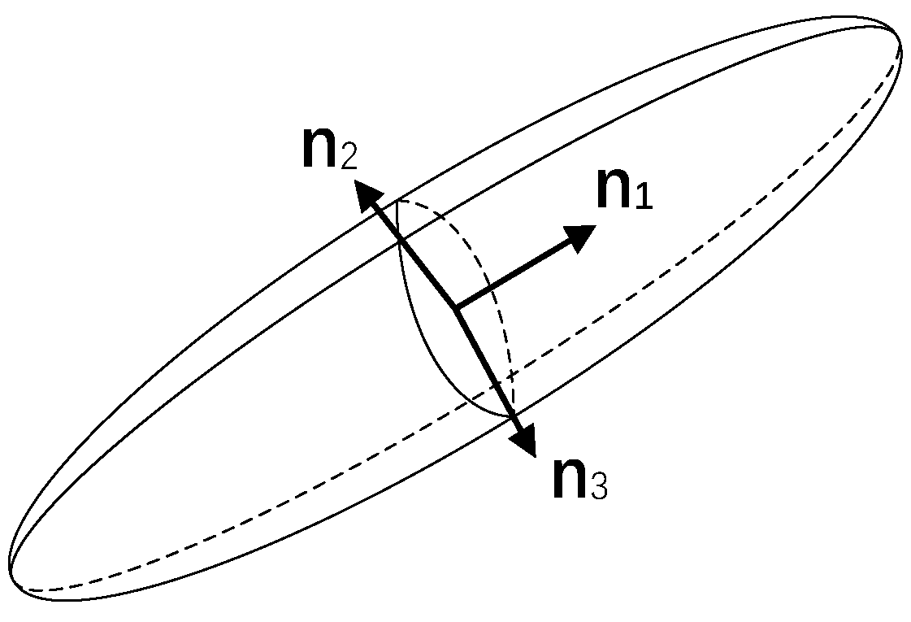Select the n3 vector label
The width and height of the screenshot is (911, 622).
point(579,479)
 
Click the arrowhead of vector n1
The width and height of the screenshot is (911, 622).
point(580,237)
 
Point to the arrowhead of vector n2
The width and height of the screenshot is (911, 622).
point(367,196)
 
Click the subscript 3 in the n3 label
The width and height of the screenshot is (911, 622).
point(598,486)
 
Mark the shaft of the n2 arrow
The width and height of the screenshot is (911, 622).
point(414,255)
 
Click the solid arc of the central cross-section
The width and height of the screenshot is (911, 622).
point(423,358)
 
